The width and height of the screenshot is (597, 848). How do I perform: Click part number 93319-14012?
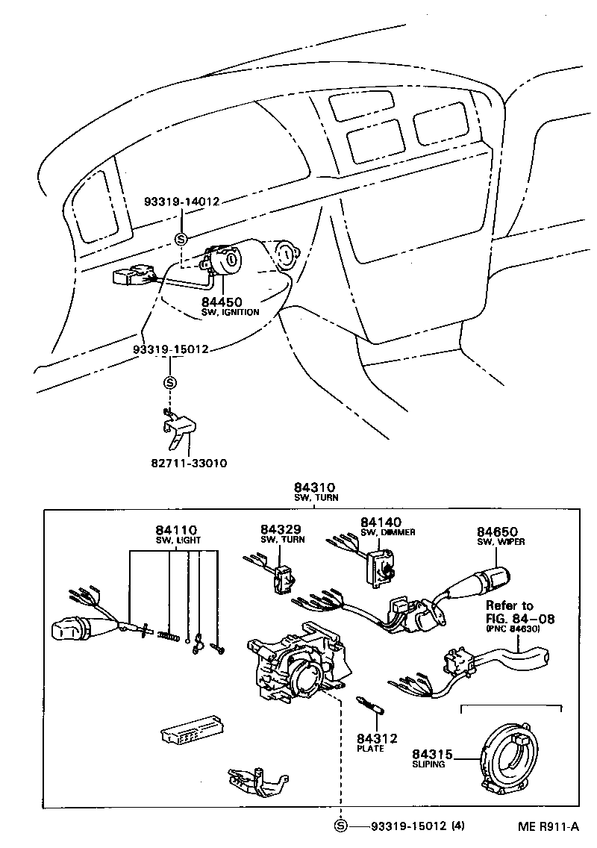coord(182,202)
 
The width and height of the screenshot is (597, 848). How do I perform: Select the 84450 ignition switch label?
coord(221,302)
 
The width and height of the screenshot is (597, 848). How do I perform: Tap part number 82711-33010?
coord(189,463)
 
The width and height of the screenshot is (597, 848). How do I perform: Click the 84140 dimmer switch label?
coord(381,522)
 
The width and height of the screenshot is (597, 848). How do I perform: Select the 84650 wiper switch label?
coord(497,531)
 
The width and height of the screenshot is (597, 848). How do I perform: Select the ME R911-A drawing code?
coord(548,826)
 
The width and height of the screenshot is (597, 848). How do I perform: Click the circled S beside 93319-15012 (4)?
coord(341,826)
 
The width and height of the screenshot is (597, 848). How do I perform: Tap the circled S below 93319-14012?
coord(180,238)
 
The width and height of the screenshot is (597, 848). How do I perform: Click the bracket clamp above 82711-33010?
coord(179,428)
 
